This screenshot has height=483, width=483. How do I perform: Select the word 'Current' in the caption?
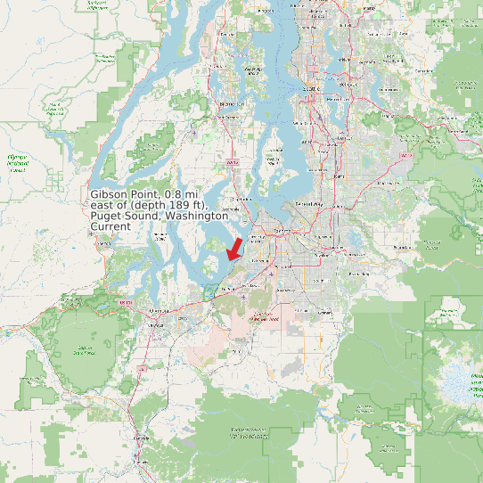tap(111, 227)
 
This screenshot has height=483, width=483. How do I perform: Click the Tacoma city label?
tap(282, 231)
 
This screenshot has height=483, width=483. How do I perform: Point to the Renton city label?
tap(342, 137)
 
